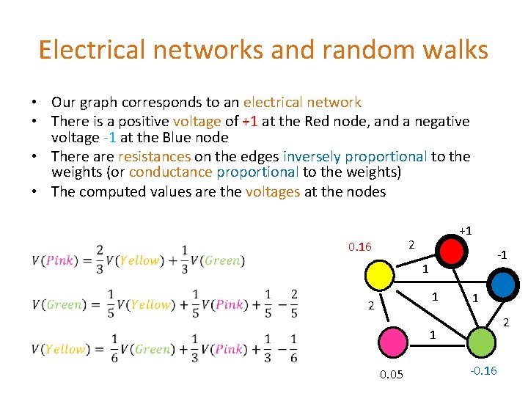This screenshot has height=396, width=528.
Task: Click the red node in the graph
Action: click(x=452, y=252)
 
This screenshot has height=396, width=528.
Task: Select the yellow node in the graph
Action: click(x=380, y=277)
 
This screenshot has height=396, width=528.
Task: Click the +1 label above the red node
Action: click(x=465, y=230)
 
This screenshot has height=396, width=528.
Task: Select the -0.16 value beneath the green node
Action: click(x=482, y=370)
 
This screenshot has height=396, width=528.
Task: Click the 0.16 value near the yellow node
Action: click(x=360, y=246)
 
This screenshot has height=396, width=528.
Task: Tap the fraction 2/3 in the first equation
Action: click(x=99, y=260)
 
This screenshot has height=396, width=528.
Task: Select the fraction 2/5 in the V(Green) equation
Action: click(x=293, y=304)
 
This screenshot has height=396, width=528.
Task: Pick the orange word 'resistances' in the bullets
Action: click(x=154, y=156)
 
